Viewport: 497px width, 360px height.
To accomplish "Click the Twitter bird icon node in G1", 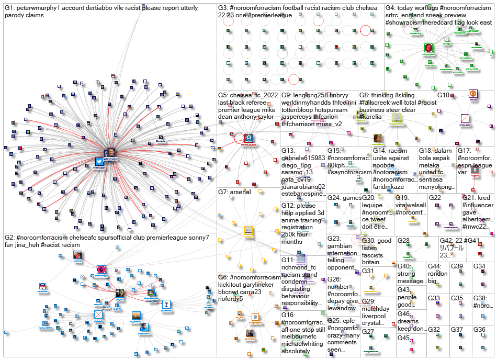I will pyautogui.click(x=99, y=162).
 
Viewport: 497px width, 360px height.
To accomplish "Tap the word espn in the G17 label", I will pyautogui.click(x=467, y=165).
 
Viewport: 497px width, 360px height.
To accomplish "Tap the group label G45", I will pyautogui.click(x=403, y=337).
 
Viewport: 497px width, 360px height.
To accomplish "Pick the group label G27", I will pyautogui.click(x=368, y=331).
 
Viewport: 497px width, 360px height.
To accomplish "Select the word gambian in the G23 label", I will pyautogui.click(x=341, y=245).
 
